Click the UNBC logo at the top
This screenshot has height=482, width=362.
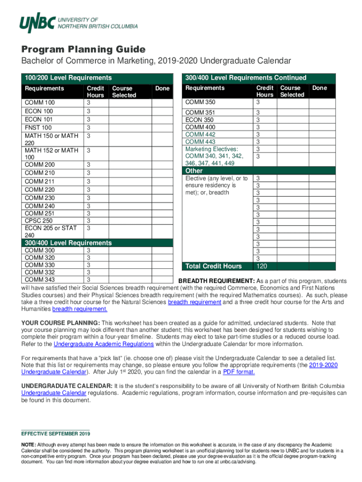(x=78, y=23)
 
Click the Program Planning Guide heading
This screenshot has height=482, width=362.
(x=83, y=49)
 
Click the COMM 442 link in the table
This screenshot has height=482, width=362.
(x=200, y=134)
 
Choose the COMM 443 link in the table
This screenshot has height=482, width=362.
(x=200, y=142)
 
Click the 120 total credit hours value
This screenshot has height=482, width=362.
(x=262, y=266)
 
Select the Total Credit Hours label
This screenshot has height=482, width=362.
(x=214, y=266)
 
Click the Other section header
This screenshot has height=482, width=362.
(x=194, y=171)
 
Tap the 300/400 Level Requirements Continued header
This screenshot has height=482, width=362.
(x=245, y=78)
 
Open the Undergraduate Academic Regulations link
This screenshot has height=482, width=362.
(x=104, y=344)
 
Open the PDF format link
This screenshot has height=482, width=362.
(x=239, y=372)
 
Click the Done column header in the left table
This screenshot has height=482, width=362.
(x=162, y=88)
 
